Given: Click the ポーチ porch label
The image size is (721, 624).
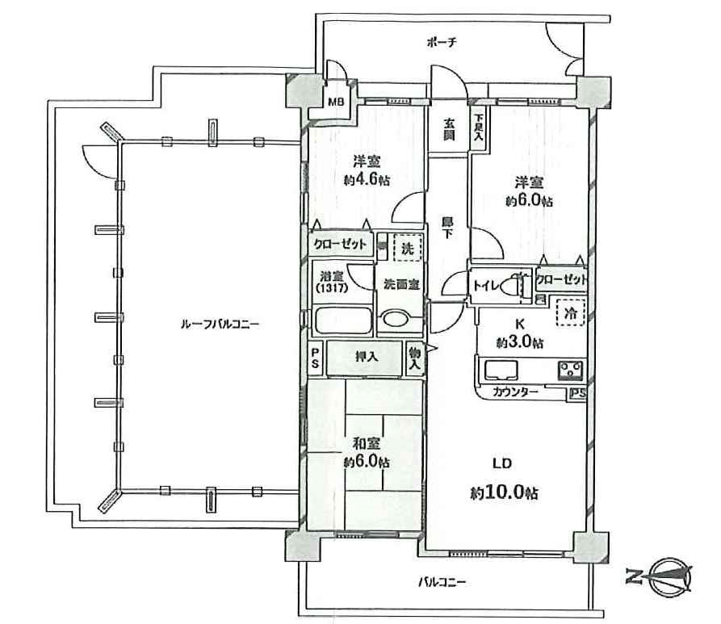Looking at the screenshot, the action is tap(442, 43).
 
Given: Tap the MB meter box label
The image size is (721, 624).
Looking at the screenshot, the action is tap(336, 102).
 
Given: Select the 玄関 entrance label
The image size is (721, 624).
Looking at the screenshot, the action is tap(449, 130).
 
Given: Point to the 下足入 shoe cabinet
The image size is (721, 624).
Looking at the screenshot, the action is tap(478, 128).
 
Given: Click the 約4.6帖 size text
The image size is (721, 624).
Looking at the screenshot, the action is tap(367, 180).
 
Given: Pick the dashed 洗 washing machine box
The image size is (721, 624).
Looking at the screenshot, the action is tap(408, 249).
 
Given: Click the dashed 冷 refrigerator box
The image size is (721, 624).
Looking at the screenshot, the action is tap(571, 312).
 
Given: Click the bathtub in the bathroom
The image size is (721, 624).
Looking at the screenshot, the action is tap(343, 320).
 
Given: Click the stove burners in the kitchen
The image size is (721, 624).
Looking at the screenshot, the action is tap(571, 371).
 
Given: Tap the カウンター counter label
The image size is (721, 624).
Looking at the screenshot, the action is tap(515, 392).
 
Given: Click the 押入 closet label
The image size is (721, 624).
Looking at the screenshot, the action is tap(367, 356).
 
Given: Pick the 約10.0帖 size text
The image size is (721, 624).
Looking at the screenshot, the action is tap(504, 493).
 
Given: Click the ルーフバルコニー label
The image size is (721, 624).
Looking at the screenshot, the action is tap(220, 325).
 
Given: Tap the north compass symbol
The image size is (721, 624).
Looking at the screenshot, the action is tap(671, 575).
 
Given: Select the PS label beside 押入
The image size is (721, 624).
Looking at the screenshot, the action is tap(316, 358).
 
